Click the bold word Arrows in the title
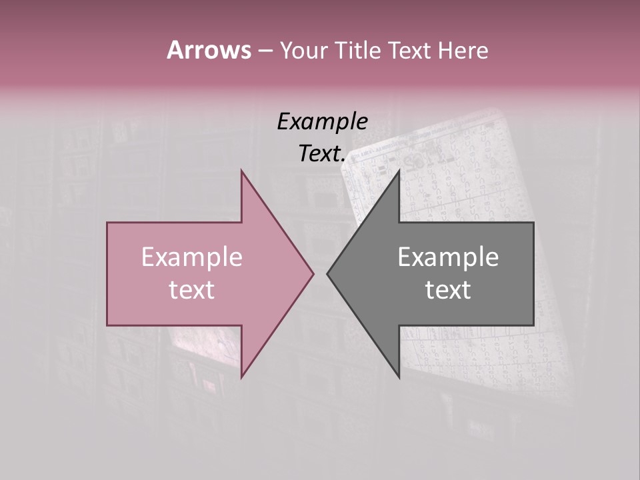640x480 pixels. coord(209,50)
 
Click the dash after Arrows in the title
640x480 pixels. coord(265,51)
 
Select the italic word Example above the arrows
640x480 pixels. coord(322,121)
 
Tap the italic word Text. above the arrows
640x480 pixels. coord(322,153)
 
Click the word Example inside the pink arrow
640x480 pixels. coord(191,257)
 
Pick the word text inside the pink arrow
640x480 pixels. coord(191,290)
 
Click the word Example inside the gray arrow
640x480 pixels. coord(448,257)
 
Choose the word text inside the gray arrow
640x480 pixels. coord(448,290)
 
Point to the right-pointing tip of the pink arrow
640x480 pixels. coord(313,273)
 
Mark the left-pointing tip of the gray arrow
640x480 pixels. coord(327,273)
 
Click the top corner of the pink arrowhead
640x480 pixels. coord(242,171)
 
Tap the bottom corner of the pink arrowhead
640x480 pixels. coord(242,377)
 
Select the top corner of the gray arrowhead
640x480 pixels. coord(399,171)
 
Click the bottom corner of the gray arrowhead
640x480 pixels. coord(399,377)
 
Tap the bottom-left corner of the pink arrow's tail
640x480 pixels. coord(107,325)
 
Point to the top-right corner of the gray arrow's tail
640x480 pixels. coord(533,223)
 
